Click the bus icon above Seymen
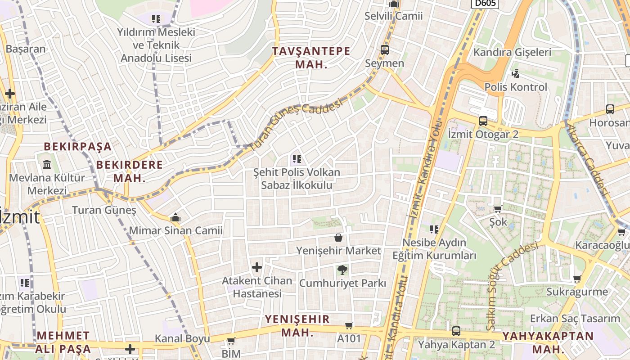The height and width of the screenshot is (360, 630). click(x=385, y=49)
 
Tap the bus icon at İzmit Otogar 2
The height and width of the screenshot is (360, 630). click(x=483, y=121)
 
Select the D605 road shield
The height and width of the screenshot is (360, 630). click(x=485, y=4)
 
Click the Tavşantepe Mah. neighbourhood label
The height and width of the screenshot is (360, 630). click(x=311, y=57)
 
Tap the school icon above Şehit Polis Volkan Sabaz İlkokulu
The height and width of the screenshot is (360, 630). click(x=297, y=158)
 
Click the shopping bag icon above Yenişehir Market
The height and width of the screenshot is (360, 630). click(x=338, y=237)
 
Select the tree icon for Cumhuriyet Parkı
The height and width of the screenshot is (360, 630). click(x=342, y=270)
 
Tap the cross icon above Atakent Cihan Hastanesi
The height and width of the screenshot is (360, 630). click(x=257, y=268)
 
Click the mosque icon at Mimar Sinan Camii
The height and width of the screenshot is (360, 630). click(x=175, y=218)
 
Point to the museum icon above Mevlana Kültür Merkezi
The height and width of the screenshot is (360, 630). click(x=47, y=164)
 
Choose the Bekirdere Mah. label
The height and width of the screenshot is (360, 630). click(x=130, y=171)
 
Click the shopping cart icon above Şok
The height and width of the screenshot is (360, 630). click(x=498, y=209)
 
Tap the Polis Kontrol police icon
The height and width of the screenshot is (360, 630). click(x=516, y=73)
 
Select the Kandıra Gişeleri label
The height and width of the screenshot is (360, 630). click(x=512, y=52)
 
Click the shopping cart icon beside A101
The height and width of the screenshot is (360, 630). click(x=349, y=325)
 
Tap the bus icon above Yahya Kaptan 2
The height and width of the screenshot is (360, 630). click(x=456, y=331)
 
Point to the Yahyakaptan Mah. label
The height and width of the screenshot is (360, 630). click(x=548, y=342)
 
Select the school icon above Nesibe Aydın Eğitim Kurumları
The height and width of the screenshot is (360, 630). click(x=434, y=229)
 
